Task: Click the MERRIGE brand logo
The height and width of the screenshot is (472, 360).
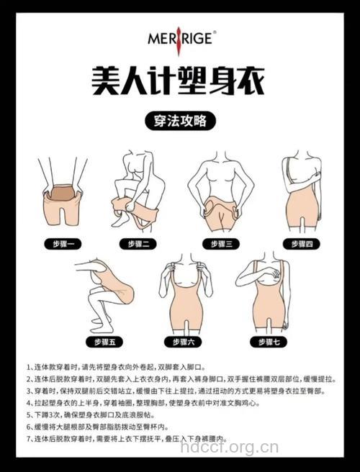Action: click(179, 37)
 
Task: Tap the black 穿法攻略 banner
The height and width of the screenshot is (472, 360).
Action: click(179, 119)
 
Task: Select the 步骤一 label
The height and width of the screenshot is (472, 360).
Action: click(63, 244)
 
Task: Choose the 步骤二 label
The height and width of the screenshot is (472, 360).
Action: click(142, 244)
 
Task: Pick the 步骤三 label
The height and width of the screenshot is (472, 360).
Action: click(220, 244)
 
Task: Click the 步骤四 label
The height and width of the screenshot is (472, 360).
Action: click(298, 244)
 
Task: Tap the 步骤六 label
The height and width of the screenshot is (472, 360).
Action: click(180, 340)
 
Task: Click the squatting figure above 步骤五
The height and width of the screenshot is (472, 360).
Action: click(104, 291)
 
